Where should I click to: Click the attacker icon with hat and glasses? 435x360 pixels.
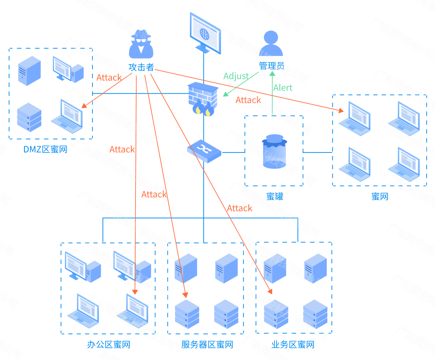[x=141, y=44]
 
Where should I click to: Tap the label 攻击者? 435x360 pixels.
[x=141, y=67]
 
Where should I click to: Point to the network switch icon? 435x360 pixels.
[x=204, y=151]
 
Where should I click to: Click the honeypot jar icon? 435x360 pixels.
[x=274, y=151]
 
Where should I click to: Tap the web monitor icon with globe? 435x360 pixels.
[x=205, y=33]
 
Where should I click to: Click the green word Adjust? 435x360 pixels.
[x=236, y=76]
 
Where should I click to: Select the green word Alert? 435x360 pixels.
[x=283, y=88]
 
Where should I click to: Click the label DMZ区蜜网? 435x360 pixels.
[x=46, y=149]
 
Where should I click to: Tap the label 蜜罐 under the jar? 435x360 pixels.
[x=274, y=196]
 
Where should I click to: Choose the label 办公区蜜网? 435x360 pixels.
[x=108, y=344]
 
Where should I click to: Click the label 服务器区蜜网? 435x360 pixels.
[x=207, y=344]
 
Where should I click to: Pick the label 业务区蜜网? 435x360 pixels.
[x=293, y=344]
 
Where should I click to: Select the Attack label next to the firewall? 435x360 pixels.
[x=248, y=100]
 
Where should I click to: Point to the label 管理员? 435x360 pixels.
[x=271, y=66]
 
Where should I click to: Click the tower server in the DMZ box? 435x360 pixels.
[x=29, y=70]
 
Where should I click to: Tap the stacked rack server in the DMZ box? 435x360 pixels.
[x=29, y=117]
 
